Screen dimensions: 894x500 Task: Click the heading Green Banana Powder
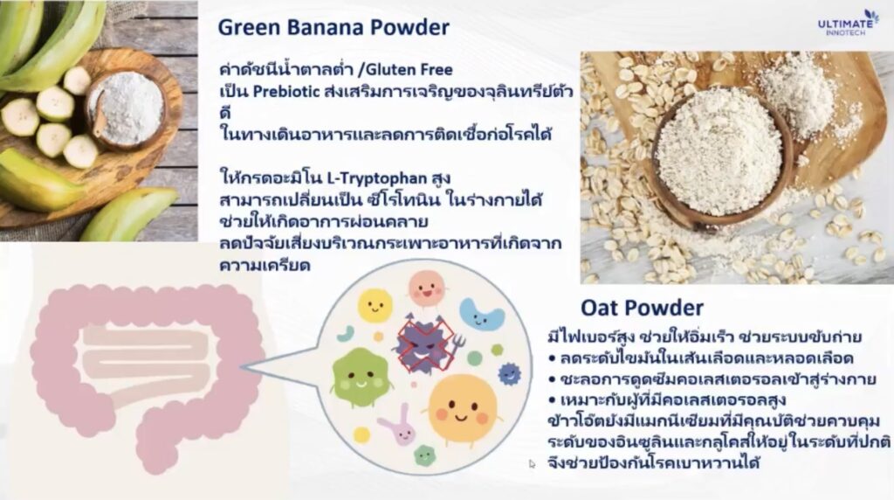pyautogui.click(x=334, y=27)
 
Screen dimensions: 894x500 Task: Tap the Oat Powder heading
pyautogui.click(x=642, y=308)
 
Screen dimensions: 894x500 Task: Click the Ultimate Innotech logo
pyautogui.click(x=848, y=23)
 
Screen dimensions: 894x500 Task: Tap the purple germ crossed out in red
pyautogui.click(x=425, y=344)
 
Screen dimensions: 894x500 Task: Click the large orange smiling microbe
pyautogui.click(x=463, y=409)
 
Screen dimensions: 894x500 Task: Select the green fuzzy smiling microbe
pyautogui.click(x=360, y=377)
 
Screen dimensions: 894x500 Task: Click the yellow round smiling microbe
pyautogui.click(x=375, y=306)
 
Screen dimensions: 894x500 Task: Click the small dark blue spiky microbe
pyautogui.click(x=509, y=374)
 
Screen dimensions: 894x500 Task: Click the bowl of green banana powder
pyautogui.click(x=126, y=110)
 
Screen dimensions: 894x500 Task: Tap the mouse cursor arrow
pyautogui.click(x=532, y=464)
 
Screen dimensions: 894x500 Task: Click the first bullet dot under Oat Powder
pyautogui.click(x=552, y=358)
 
